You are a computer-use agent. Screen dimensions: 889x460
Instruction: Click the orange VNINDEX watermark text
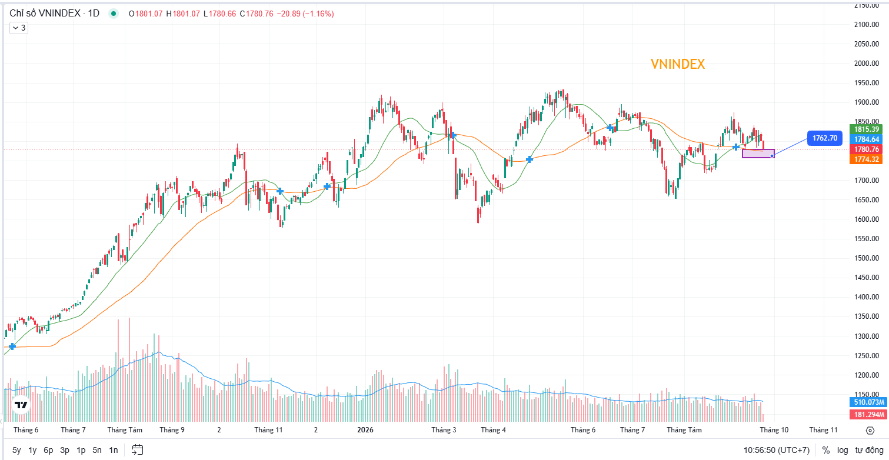point(677,64)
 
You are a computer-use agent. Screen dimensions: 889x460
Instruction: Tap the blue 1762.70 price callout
point(825,138)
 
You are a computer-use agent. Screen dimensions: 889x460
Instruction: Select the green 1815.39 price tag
point(866,129)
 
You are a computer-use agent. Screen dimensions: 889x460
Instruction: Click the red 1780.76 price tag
point(866,149)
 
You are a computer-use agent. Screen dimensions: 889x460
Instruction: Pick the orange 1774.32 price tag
point(866,159)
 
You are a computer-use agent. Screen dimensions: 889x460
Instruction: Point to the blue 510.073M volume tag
point(868,402)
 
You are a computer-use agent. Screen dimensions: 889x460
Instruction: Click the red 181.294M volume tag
point(868,414)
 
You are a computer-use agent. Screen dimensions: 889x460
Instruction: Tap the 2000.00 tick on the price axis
point(867,63)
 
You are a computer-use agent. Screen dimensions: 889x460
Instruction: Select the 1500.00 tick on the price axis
point(867,258)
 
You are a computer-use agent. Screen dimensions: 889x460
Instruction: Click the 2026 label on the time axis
point(365,430)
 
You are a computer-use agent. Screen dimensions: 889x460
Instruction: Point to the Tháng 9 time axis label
point(172,430)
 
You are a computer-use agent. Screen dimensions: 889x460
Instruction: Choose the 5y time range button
point(16,450)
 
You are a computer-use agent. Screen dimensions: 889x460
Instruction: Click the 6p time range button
point(48,450)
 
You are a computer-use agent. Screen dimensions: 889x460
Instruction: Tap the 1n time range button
point(114,450)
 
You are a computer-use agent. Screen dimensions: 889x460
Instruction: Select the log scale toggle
point(842,450)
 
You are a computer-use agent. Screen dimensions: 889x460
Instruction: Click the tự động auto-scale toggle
point(869,450)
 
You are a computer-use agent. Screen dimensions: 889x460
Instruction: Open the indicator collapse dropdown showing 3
point(19,28)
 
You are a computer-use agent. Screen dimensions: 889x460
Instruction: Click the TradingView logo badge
point(21,405)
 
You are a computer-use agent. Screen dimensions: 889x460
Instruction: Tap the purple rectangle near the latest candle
point(758,150)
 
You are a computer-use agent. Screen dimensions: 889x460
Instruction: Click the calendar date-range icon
point(137,450)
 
